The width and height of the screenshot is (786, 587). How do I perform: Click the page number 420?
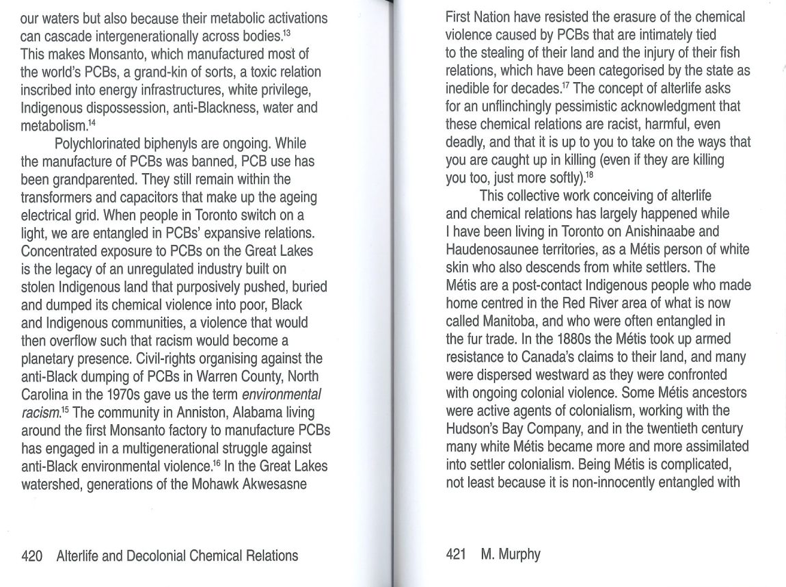(32, 556)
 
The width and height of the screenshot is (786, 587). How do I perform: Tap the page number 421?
(456, 554)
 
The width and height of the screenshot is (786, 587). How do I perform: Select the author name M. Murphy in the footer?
(511, 554)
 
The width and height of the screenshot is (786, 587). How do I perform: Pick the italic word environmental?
(282, 395)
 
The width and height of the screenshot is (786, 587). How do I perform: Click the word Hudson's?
(476, 428)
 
